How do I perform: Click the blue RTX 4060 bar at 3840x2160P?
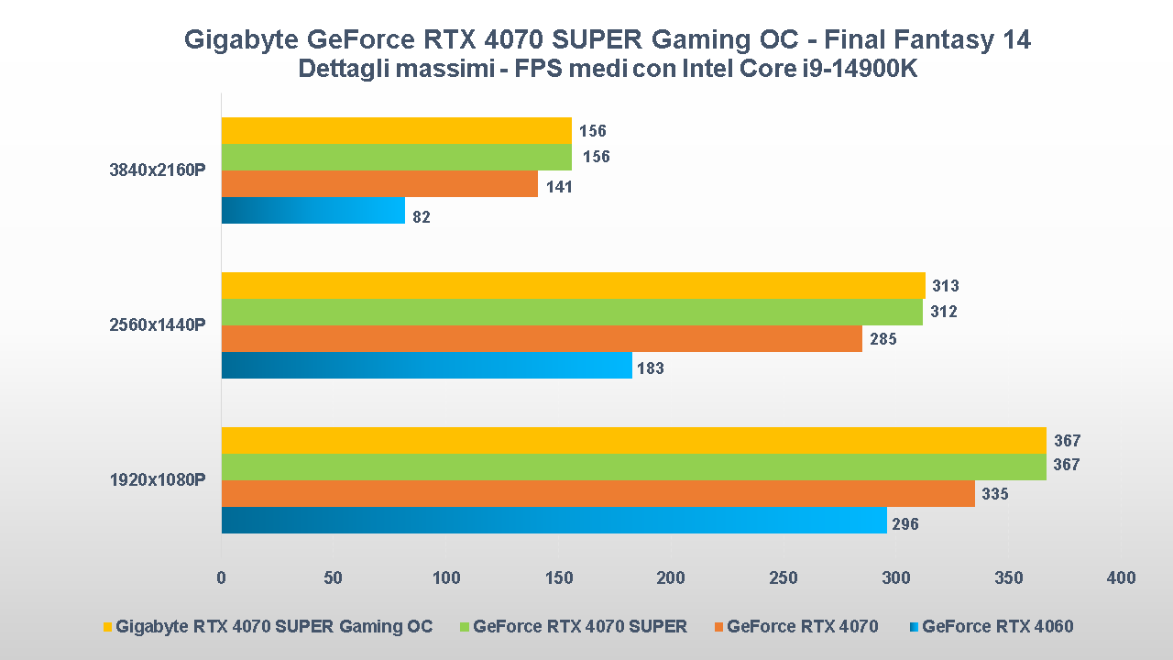pos(312,211)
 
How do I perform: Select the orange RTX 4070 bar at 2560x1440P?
pos(542,339)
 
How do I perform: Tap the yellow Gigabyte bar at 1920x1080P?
pos(633,440)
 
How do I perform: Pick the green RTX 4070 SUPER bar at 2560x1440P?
pos(572,313)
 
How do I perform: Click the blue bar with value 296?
pos(554,521)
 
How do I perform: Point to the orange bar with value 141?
pos(379,184)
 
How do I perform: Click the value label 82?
pos(421,217)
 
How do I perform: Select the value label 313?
pos(945,286)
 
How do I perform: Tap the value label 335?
pos(994,494)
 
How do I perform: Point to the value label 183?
pos(650,368)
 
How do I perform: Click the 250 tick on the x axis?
pos(784,577)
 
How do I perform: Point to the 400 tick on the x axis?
pos(1121,577)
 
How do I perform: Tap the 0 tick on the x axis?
pos(221,577)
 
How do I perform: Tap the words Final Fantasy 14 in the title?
pos(927,39)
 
